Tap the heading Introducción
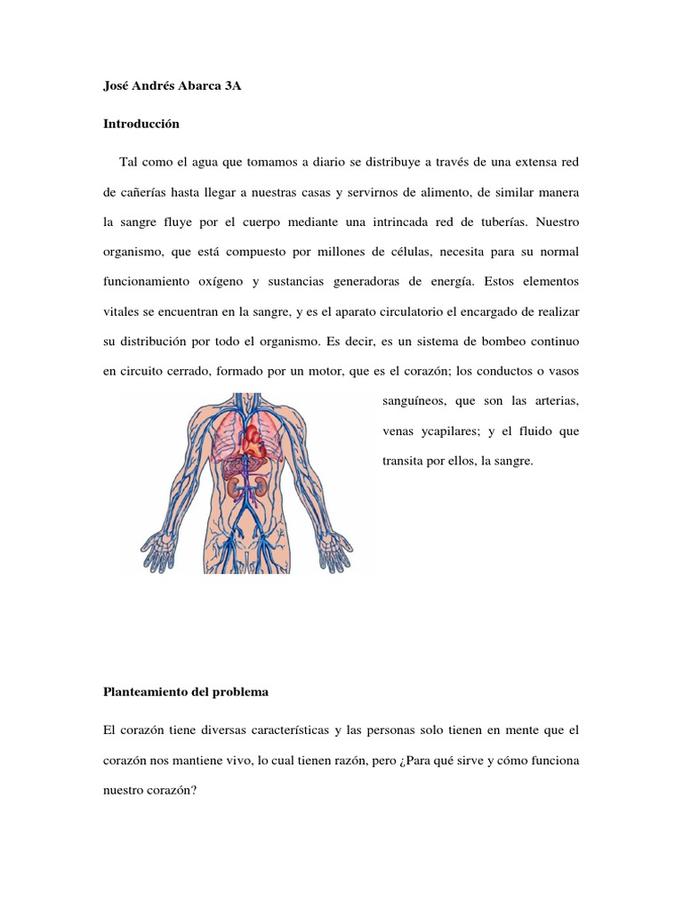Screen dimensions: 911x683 tap(141, 125)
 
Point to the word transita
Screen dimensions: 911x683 tap(390, 462)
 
